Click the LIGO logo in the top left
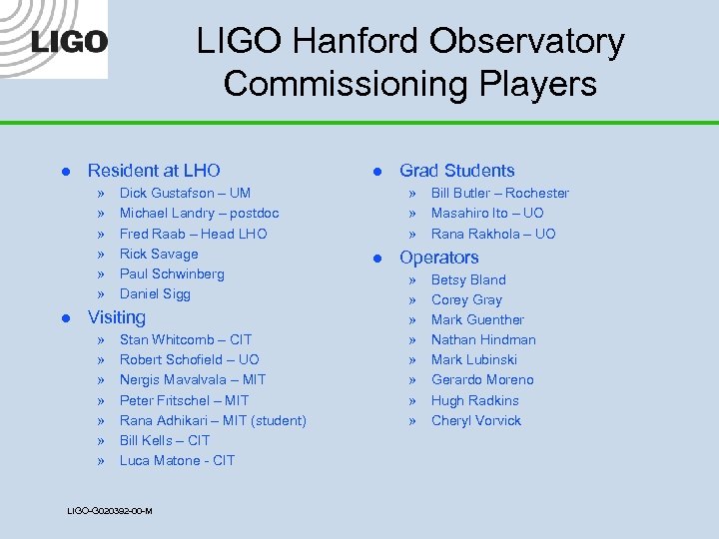pyautogui.click(x=69, y=42)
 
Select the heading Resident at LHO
pyautogui.click(x=154, y=171)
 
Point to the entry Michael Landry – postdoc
pyautogui.click(x=199, y=213)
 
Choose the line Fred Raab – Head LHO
pyautogui.click(x=193, y=234)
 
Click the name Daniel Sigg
pyautogui.click(x=155, y=293)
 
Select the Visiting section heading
pyautogui.click(x=117, y=317)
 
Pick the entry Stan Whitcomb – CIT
pyautogui.click(x=186, y=339)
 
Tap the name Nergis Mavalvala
pyautogui.click(x=173, y=379)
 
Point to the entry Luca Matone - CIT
pyautogui.click(x=177, y=460)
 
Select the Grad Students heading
pyautogui.click(x=456, y=171)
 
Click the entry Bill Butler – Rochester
pyautogui.click(x=499, y=193)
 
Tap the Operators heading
pyautogui.click(x=438, y=258)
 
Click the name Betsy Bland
pyautogui.click(x=468, y=279)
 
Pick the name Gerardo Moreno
pyautogui.click(x=482, y=379)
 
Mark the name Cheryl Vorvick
pyautogui.click(x=476, y=420)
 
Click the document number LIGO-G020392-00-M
pyautogui.click(x=109, y=510)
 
